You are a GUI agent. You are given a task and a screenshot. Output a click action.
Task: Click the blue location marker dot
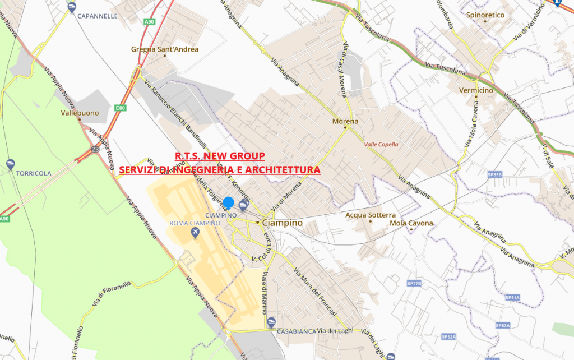tap(228, 203)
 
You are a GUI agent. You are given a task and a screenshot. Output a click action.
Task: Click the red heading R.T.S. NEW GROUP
tap(220, 156)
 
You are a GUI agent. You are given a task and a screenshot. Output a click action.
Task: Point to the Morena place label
tap(345, 121)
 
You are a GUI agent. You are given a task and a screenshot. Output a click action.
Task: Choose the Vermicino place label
tap(476, 90)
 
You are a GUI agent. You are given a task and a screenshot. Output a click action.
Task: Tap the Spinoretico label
tap(485, 15)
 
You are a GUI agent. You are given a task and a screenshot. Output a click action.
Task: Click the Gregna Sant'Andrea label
tap(165, 49)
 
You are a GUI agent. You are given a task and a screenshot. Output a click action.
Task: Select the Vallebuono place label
tap(80, 113)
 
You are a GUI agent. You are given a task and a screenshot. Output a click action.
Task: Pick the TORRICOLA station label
tap(34, 173)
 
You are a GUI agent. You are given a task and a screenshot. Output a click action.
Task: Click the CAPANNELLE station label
tap(98, 16)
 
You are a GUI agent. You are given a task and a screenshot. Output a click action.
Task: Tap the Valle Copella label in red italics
tap(381, 144)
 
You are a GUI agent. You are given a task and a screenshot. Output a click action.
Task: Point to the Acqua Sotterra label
tap(371, 215)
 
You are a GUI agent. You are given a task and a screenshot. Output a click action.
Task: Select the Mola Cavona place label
tap(411, 223)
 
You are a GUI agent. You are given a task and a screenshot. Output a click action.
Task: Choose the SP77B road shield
tap(414, 284)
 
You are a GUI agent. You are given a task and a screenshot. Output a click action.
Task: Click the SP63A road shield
tap(502, 325)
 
